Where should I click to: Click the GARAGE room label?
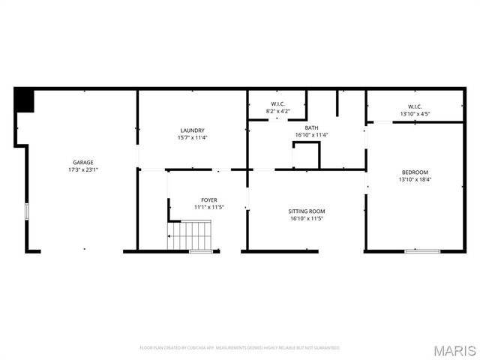click(x=82, y=163)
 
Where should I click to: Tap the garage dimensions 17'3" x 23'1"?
click(x=82, y=170)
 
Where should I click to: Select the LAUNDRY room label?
click(x=192, y=130)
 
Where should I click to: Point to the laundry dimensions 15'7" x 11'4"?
click(x=192, y=138)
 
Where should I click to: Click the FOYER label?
click(x=209, y=199)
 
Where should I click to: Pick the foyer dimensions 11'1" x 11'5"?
click(x=209, y=207)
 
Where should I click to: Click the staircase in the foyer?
click(x=190, y=235)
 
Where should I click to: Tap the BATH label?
click(x=311, y=128)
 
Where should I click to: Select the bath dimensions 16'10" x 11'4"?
click(x=311, y=135)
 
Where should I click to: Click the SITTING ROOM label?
click(x=307, y=211)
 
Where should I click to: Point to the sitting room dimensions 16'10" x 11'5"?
click(x=307, y=219)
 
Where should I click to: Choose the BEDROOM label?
click(x=414, y=172)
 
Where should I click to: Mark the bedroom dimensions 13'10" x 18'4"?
click(x=414, y=180)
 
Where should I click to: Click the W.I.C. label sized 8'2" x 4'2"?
click(x=277, y=103)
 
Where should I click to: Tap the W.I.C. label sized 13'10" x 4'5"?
click(x=414, y=106)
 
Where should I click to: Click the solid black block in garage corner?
click(x=25, y=100)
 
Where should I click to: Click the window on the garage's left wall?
click(x=27, y=211)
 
